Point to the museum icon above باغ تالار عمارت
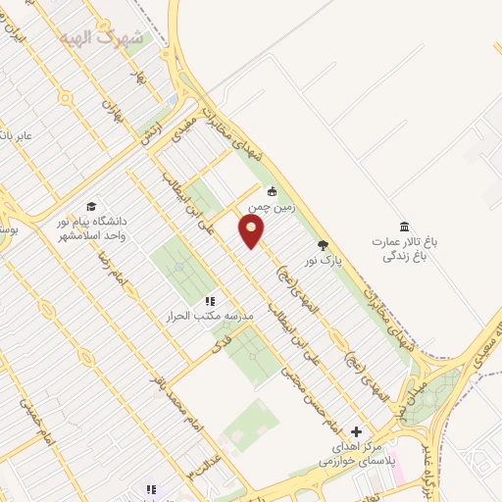(x=404, y=226)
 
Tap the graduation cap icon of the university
(x=91, y=206)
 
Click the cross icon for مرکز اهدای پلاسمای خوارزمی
(x=356, y=430)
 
